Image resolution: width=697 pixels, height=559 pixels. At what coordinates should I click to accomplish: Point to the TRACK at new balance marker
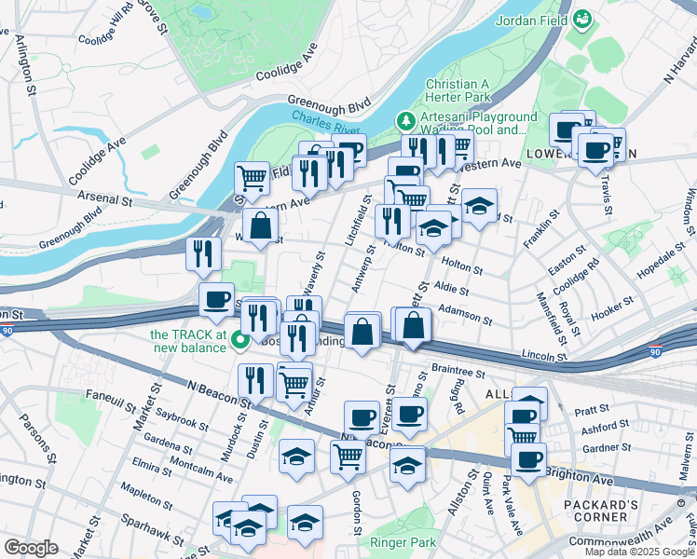[239, 340]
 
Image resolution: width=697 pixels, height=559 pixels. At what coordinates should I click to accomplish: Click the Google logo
[31, 548]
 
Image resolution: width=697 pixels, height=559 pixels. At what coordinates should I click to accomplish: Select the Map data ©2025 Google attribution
[640, 552]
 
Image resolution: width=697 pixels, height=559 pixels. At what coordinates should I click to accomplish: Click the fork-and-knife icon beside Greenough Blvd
[202, 254]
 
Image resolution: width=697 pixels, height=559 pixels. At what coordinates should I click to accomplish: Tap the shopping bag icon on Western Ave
[260, 225]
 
